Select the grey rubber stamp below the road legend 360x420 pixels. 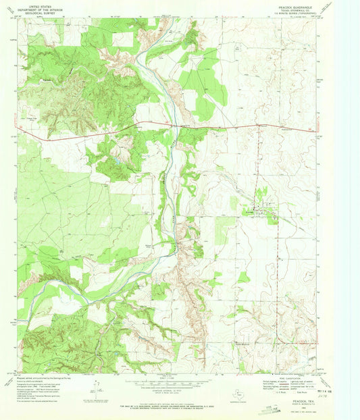pyautogui.click(x=269, y=408)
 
